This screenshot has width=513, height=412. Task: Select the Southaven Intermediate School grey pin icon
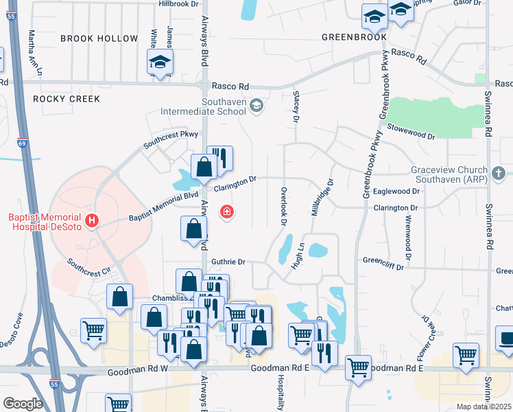pyautogui.click(x=256, y=105)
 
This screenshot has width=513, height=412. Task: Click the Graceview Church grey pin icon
pyautogui.click(x=498, y=172)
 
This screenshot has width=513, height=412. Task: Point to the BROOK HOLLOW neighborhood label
pyautogui.click(x=99, y=38)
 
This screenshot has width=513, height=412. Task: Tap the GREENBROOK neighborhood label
pyautogui.click(x=354, y=36)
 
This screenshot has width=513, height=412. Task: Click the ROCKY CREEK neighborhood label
pyautogui.click(x=67, y=99)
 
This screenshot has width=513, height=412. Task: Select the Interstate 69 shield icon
pyautogui.click(x=21, y=144)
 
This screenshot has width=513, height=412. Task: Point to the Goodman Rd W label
pyautogui.click(x=138, y=371)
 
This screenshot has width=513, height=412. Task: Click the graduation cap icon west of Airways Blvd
pyautogui.click(x=160, y=63)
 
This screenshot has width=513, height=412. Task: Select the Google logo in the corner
pyautogui.click(x=22, y=403)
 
